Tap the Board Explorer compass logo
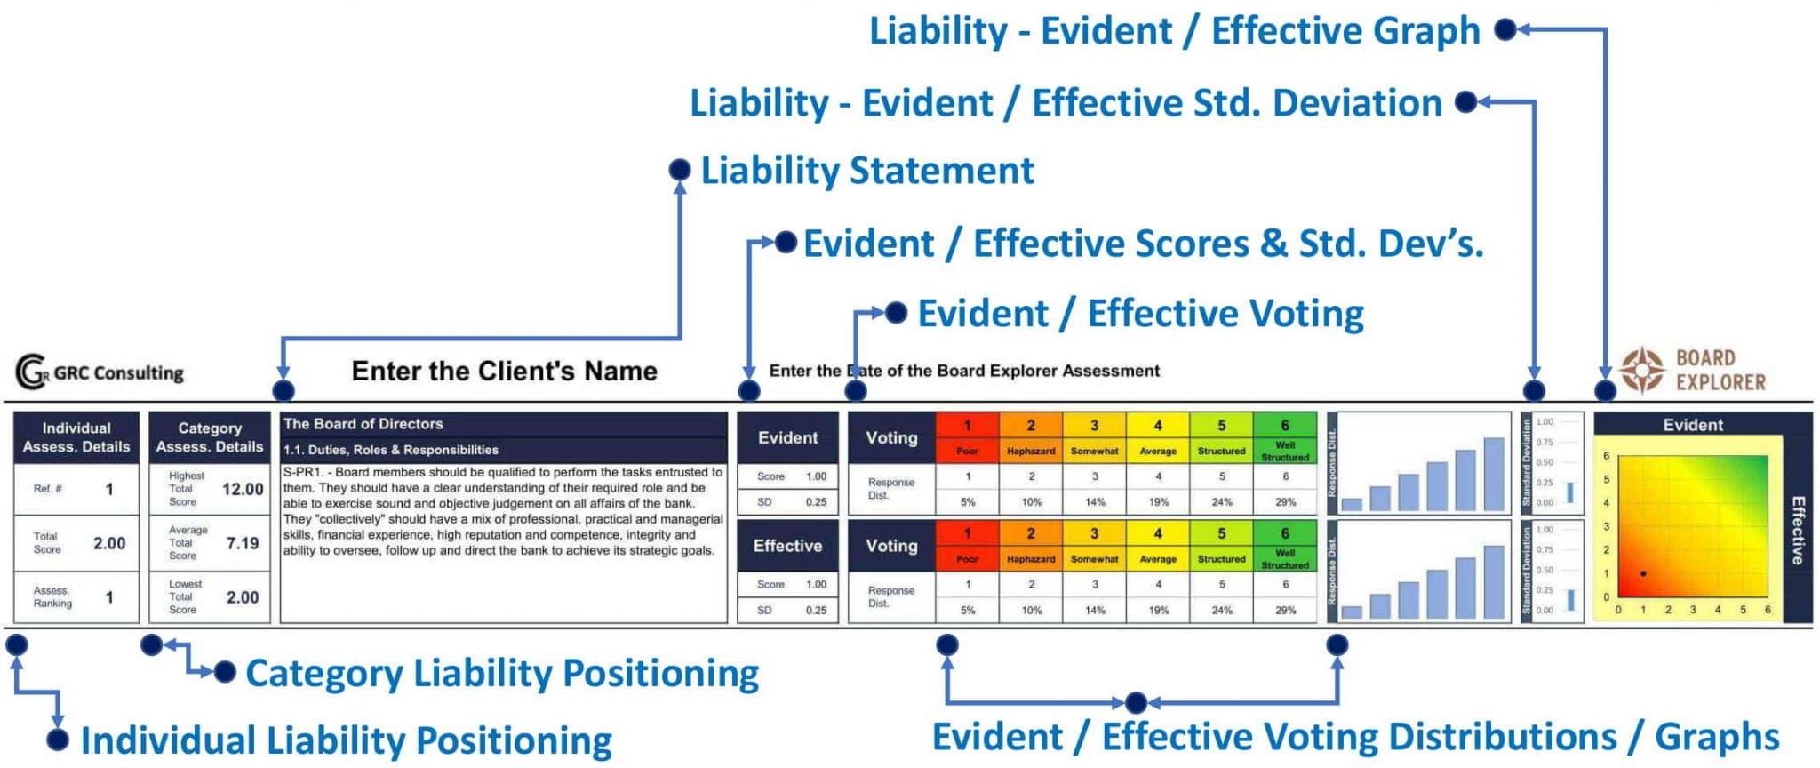coord(1641,370)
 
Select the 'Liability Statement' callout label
coord(866,171)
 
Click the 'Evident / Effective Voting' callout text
coord(1140,314)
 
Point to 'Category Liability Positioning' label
coord(501,673)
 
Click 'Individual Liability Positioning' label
coord(346,740)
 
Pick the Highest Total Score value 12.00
coord(243,489)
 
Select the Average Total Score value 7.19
coord(243,543)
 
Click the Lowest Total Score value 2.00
coord(243,597)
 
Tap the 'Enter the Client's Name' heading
coord(504,371)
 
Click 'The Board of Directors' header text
coord(363,424)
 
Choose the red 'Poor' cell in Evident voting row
coord(967,451)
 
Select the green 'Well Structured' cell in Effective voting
coord(1285,558)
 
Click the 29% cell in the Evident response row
coord(1285,502)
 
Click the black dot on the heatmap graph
coord(1643,574)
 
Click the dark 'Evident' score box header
coord(787,437)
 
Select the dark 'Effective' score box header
coord(787,546)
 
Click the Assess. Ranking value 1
coord(109,597)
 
